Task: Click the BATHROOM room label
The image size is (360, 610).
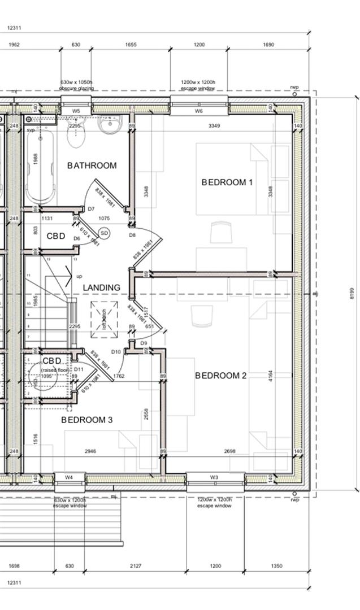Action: point(92,165)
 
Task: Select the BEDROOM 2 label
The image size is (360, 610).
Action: point(221,376)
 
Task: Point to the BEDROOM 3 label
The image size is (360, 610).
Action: point(87,420)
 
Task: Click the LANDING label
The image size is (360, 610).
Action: point(102,287)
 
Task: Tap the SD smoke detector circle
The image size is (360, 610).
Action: point(104,233)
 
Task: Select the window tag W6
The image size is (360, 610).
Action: point(199,111)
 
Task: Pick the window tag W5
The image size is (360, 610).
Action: point(76,111)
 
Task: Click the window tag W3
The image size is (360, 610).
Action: point(214,478)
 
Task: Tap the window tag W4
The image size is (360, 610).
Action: point(68,478)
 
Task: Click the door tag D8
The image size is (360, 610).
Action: point(132,234)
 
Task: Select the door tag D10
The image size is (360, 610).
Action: point(116,352)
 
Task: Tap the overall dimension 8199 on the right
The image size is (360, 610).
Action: point(351,293)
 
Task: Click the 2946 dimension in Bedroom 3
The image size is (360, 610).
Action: point(90,452)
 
